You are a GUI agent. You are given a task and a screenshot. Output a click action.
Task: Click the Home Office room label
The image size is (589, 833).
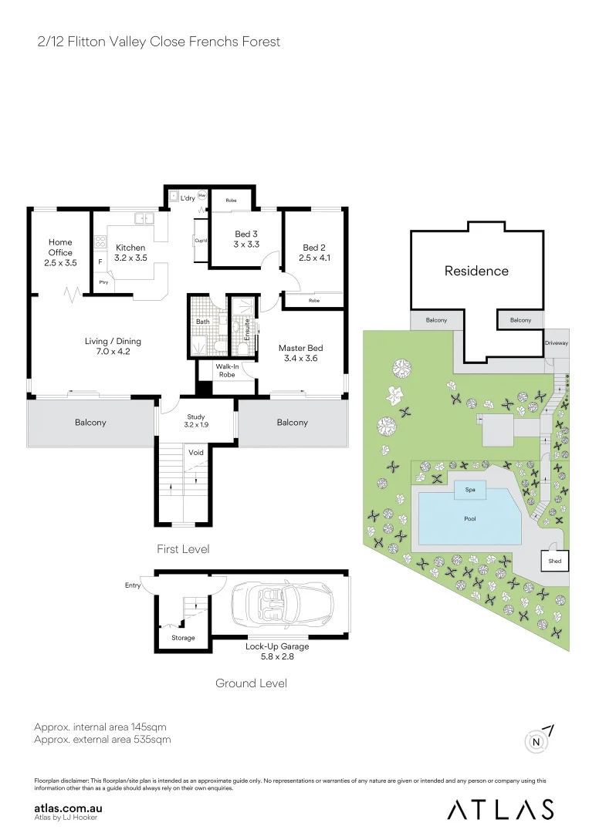[60, 252]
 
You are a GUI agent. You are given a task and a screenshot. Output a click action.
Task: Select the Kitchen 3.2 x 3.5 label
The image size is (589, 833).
[130, 252]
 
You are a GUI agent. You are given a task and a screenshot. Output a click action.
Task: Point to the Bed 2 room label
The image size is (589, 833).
[315, 252]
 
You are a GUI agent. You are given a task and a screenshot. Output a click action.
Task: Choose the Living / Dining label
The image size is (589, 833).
[113, 346]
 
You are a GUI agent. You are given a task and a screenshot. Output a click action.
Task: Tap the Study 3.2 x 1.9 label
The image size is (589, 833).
[196, 421]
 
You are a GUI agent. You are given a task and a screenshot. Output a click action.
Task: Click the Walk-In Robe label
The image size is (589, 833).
[226, 370]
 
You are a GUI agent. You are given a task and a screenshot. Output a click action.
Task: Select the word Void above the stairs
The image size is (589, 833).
[196, 453]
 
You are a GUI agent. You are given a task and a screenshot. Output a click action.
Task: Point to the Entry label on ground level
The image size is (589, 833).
[133, 586]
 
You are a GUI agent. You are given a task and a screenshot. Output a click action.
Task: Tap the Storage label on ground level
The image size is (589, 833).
[183, 638]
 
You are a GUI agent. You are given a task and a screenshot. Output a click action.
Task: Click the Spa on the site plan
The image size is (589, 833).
[470, 489]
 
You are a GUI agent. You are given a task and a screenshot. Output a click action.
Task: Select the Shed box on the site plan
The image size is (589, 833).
[554, 562]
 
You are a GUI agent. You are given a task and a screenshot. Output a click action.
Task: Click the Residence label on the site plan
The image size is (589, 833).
[476, 271]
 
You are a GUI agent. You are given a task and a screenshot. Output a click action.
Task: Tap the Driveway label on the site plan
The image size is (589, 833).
[556, 342]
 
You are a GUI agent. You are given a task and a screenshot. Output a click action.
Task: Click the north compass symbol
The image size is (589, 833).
[537, 741]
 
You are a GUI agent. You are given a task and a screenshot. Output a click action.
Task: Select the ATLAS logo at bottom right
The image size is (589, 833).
[500, 808]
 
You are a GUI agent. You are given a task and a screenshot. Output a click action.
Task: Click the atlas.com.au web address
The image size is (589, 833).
[69, 808]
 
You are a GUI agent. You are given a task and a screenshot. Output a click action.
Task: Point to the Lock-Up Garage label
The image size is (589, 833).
[278, 652]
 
